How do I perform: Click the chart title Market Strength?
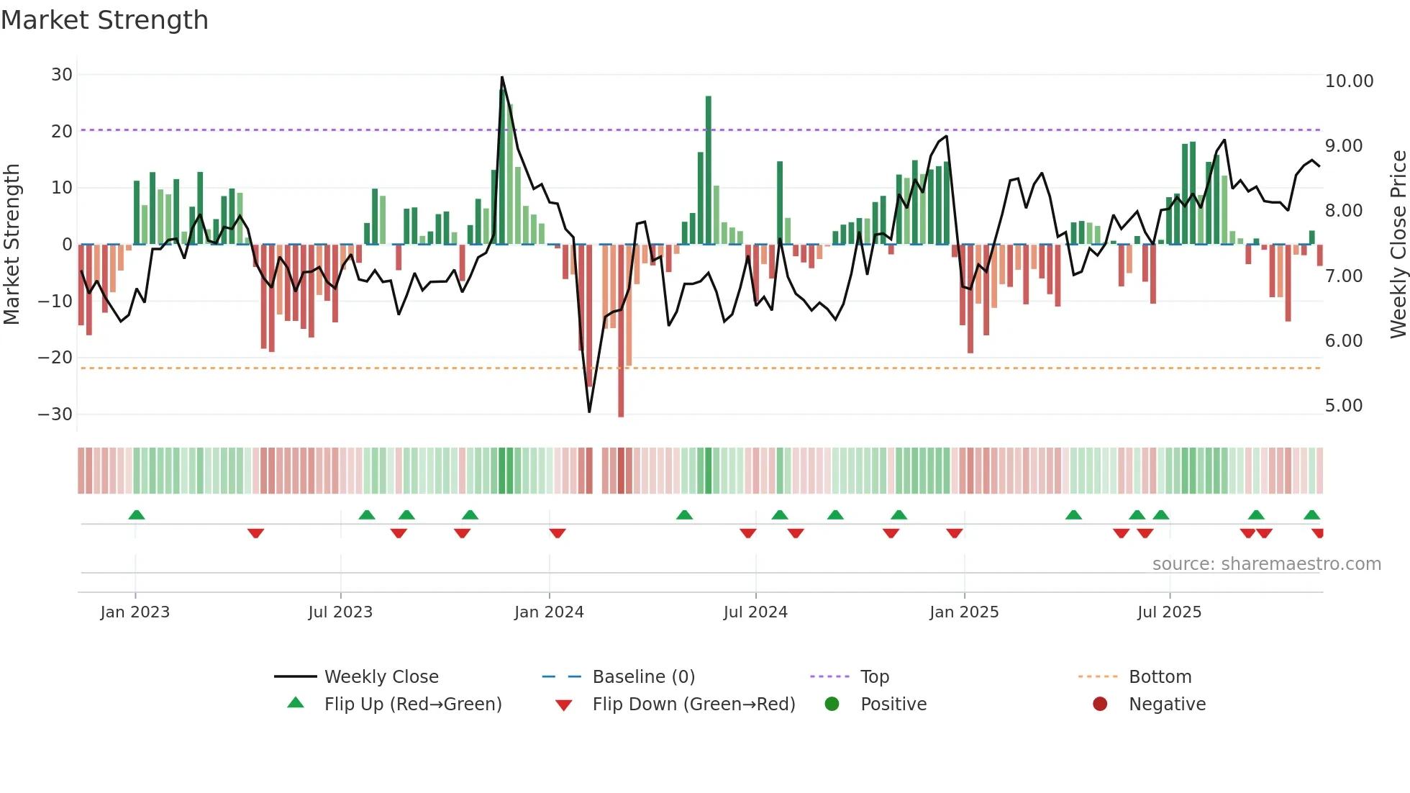coord(104,20)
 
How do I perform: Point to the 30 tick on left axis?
coord(62,75)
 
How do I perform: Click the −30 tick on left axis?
coord(55,414)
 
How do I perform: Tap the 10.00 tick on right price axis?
coord(1349,81)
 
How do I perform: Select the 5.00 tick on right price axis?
coord(1343,406)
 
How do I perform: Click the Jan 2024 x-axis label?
coord(549,612)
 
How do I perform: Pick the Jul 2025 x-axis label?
coord(1169,612)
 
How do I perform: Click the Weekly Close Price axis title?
coord(1398,244)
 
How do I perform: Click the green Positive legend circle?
coord(832,704)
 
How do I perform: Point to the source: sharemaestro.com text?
coord(1266,564)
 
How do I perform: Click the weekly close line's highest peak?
coord(502,77)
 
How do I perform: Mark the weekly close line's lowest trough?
coord(589,412)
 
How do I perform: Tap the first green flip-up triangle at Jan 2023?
coord(137,515)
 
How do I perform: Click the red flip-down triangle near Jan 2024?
coord(558,533)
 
